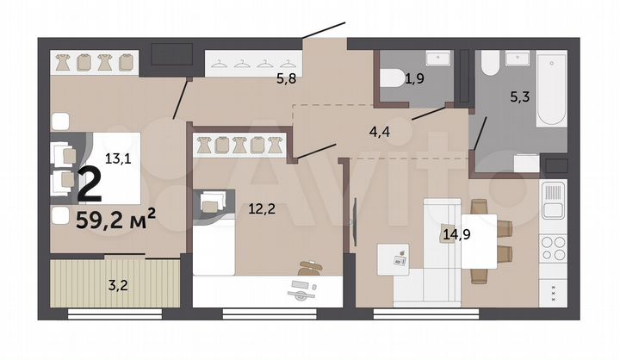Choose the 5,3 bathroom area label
point(519,96)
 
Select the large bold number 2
point(89,183)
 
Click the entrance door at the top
point(325,32)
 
